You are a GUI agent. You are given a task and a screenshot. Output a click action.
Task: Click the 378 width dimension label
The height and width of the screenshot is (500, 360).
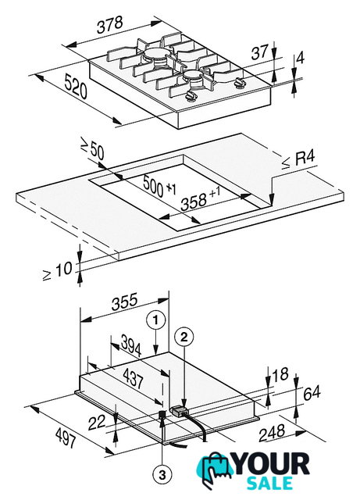109,25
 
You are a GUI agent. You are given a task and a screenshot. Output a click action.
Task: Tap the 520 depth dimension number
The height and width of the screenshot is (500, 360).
75,86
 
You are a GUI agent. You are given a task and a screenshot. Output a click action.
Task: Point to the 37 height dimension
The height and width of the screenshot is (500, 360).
259,52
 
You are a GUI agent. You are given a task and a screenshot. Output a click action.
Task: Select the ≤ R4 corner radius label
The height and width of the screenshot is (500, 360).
298,159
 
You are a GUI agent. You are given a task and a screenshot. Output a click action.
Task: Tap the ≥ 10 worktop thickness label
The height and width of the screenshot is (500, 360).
58,271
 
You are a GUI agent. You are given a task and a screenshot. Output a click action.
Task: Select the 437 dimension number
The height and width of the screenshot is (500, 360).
133,378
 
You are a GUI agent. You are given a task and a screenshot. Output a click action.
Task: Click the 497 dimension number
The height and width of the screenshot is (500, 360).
66,437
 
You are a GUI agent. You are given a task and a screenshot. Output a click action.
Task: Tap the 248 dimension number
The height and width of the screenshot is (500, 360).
272,432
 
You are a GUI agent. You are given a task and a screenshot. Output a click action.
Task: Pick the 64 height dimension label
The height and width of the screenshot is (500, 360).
312,393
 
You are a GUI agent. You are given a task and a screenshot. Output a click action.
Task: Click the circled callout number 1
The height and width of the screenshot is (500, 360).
156,321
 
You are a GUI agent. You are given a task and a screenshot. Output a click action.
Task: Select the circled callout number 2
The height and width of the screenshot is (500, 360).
185,337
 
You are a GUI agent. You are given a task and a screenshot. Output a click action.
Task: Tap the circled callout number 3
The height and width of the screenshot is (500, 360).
162,476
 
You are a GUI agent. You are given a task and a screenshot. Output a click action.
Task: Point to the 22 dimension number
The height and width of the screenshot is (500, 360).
97,423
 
